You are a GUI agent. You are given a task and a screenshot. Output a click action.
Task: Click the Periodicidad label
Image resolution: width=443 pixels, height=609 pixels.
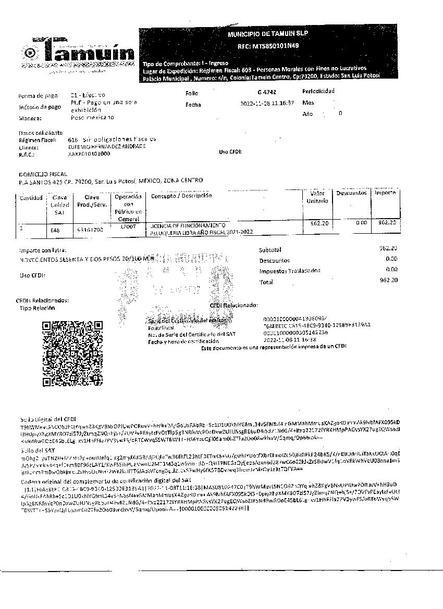coord(318,91)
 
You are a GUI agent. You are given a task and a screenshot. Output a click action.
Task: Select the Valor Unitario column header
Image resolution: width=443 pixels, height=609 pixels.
coord(317,197)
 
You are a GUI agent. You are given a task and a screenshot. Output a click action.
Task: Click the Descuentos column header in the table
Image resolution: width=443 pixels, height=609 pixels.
coord(351,193)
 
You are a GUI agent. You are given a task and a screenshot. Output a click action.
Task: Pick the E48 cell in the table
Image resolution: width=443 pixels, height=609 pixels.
coord(55,229)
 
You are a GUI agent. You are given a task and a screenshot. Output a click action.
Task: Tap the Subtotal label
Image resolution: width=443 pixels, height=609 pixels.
coord(270,250)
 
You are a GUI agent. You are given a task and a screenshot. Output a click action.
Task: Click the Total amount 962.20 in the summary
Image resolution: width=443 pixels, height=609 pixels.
coord(389,280)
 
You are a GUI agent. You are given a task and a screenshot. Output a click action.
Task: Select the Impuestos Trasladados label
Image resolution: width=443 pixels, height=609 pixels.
coord(290,271)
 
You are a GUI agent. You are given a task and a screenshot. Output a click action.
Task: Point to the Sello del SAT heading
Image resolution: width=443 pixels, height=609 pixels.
coord(37,449)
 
